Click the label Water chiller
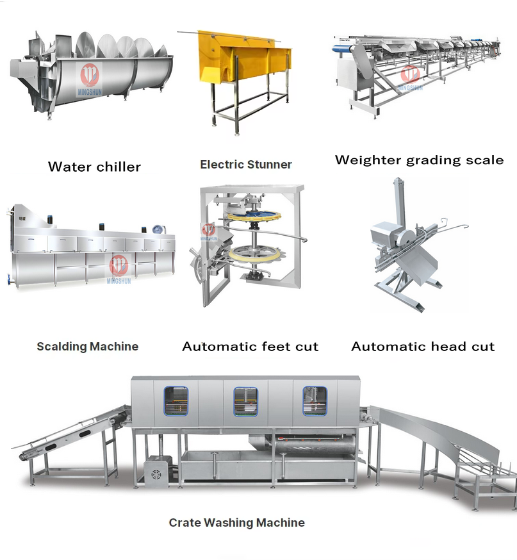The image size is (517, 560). [x=94, y=167]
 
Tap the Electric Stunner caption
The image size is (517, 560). [x=246, y=164]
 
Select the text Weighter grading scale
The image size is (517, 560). [x=419, y=160]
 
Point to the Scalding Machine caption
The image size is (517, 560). [x=87, y=347]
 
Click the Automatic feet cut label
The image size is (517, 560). [x=250, y=347]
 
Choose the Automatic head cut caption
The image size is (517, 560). [x=423, y=347]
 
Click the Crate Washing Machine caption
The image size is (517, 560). [x=236, y=523]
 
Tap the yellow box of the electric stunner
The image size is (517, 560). [x=237, y=54]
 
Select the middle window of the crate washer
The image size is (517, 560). [x=245, y=401]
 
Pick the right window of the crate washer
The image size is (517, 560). [x=314, y=401]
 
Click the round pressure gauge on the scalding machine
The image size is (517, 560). [x=156, y=228]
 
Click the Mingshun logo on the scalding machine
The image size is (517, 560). [x=118, y=267]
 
